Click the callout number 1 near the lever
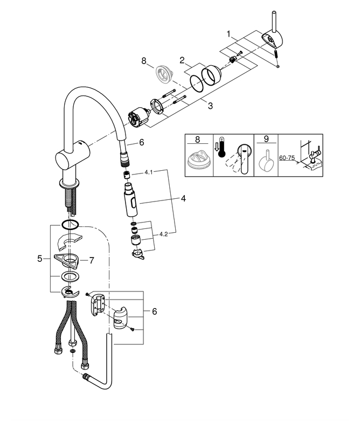pyautogui.click(x=229, y=34)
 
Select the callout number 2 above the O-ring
pyautogui.click(x=182, y=60)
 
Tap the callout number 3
pyautogui.click(x=210, y=106)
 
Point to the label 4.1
pyautogui.click(x=149, y=172)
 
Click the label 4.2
pyautogui.click(x=163, y=234)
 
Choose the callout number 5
pyautogui.click(x=40, y=259)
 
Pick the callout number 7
pyautogui.click(x=91, y=260)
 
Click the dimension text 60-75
pyautogui.click(x=287, y=158)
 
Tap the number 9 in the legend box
pyautogui.click(x=266, y=139)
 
